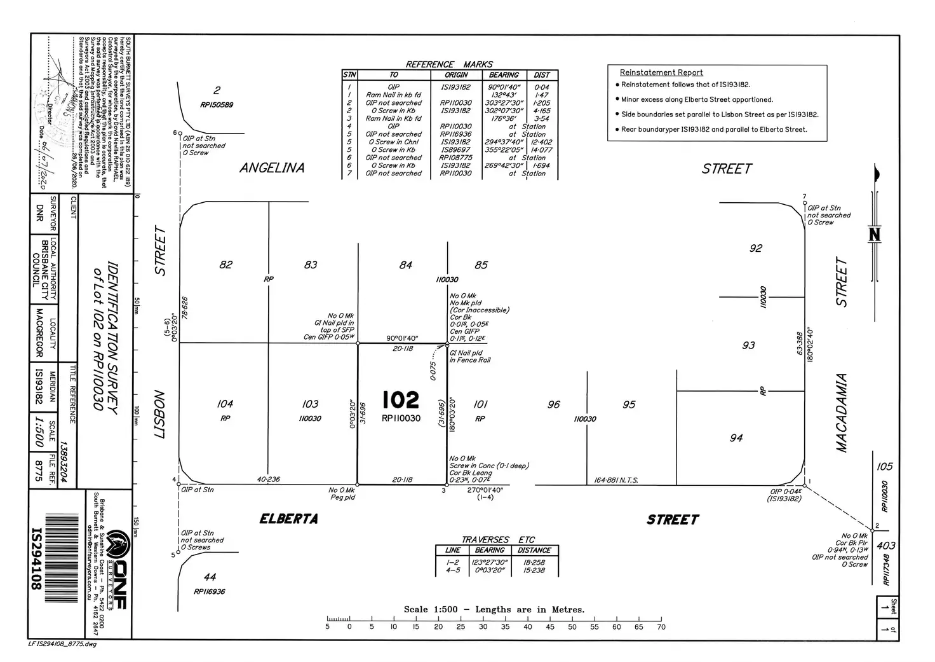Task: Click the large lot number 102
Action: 401,400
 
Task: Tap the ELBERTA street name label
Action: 288,519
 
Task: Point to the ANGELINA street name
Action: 272,168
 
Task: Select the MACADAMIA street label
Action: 842,413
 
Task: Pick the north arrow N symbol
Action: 875,235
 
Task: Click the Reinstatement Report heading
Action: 661,72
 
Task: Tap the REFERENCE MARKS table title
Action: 449,64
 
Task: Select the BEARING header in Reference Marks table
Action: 504,75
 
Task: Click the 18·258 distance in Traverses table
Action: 534,562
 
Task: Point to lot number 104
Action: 225,404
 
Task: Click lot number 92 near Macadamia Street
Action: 755,249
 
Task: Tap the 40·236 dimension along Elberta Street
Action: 268,479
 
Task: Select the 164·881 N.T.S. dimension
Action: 616,480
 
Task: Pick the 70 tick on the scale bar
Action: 661,626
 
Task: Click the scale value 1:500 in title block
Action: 39,432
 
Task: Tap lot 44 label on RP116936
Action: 210,577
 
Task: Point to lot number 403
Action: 885,546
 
